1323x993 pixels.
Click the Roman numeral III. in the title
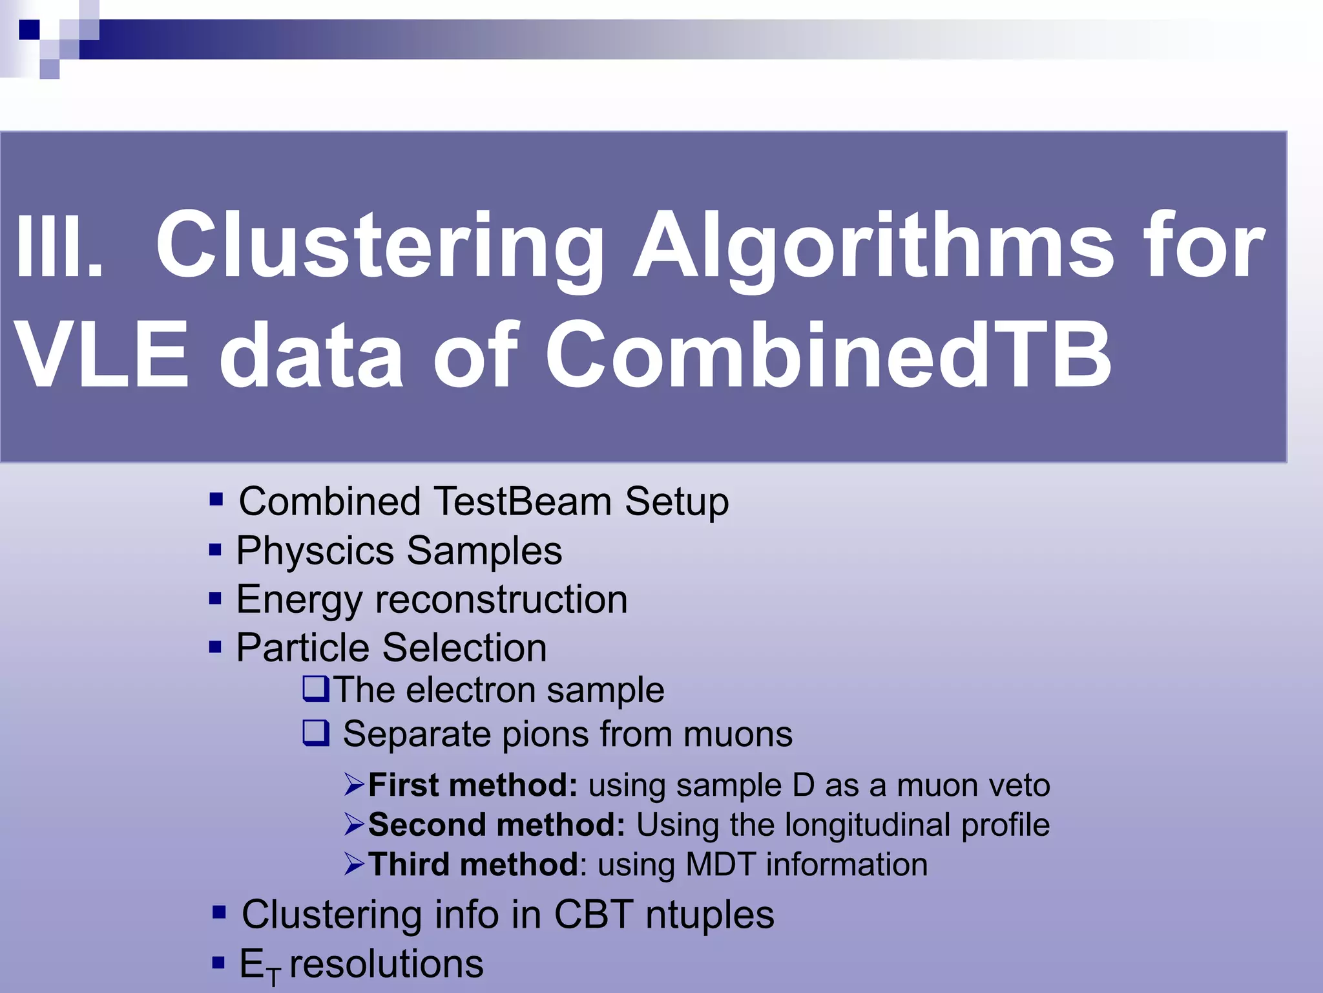[58, 248]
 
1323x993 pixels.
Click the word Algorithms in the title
[873, 248]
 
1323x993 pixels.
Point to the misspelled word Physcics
[315, 551]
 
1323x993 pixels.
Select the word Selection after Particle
[464, 648]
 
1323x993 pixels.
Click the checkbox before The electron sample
[316, 689]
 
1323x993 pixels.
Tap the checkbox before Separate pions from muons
[316, 734]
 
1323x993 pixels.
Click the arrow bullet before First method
[355, 785]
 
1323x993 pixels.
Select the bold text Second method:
[496, 825]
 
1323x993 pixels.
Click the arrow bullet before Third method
[355, 864]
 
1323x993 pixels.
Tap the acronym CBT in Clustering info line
[593, 915]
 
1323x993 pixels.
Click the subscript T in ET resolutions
[274, 976]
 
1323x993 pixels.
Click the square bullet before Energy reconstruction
[215, 599]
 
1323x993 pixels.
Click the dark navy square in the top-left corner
[29, 30]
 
